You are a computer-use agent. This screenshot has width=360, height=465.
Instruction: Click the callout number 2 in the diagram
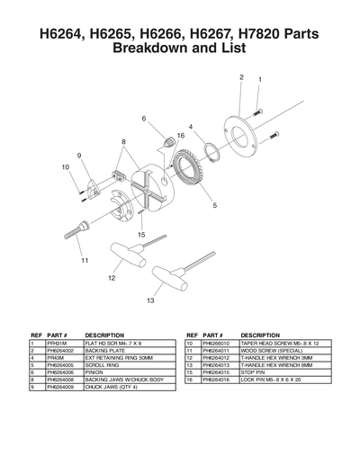[x=241, y=77]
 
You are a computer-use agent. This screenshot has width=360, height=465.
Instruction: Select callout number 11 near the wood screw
[x=85, y=261]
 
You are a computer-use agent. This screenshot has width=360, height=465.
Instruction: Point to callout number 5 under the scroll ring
[x=214, y=205]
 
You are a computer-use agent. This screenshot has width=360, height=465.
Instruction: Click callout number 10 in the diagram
[x=67, y=167]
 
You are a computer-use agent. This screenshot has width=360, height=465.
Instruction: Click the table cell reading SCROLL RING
[x=104, y=366]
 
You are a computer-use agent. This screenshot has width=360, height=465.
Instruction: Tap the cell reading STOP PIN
[x=256, y=373]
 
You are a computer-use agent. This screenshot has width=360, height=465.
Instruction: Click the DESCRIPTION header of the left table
[x=104, y=335]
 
